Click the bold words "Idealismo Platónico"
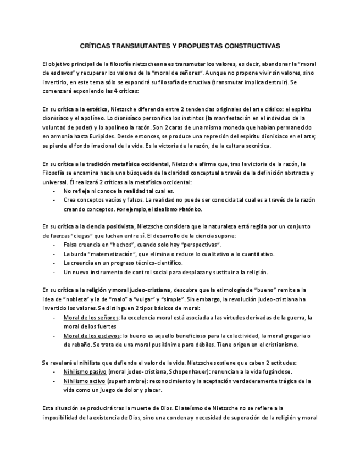(178, 209)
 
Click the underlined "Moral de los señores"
(91, 318)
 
